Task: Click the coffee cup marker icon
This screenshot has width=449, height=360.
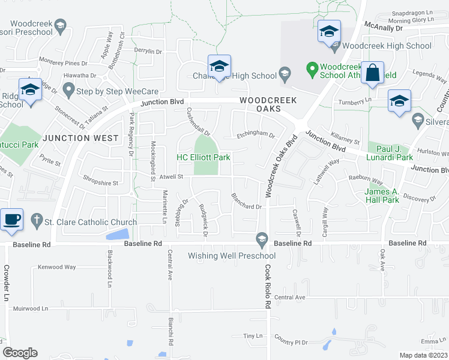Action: click(x=12, y=219)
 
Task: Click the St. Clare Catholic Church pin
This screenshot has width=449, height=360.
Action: click(x=37, y=221)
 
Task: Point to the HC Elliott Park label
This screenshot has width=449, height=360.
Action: click(x=203, y=157)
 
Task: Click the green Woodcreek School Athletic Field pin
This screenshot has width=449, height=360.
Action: click(x=312, y=70)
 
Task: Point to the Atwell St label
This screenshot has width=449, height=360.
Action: click(x=170, y=176)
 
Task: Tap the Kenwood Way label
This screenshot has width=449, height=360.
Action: click(x=57, y=266)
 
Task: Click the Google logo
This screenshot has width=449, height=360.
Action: click(x=20, y=353)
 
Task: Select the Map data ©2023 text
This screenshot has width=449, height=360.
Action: click(x=423, y=355)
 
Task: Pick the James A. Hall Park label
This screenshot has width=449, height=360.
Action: click(x=382, y=195)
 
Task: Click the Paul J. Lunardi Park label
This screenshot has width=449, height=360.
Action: click(x=386, y=153)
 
